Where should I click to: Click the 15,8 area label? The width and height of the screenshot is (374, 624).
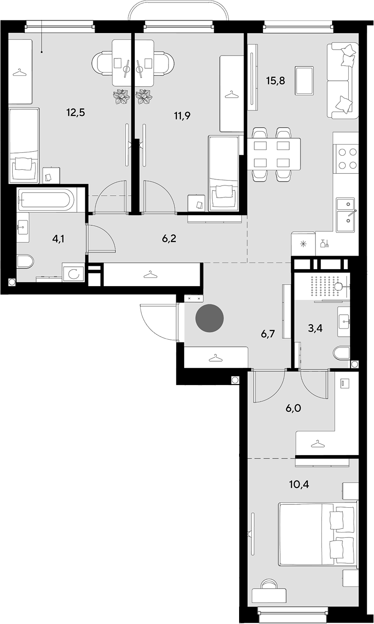275,81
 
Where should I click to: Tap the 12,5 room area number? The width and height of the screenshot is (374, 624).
75,113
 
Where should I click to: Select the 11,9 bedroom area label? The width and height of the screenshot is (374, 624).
182,115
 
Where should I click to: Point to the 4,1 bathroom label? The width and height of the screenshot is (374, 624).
58,239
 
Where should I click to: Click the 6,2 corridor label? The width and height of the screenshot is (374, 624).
169,239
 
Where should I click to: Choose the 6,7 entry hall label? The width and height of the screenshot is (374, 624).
268,334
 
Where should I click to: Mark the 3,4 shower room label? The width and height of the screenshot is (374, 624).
315,329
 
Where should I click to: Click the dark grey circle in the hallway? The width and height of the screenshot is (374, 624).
209,318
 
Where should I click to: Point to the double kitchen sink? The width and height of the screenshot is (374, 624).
346,215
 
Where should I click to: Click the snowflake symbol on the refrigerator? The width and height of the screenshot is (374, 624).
302,244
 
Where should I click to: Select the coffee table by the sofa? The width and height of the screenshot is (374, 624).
304,80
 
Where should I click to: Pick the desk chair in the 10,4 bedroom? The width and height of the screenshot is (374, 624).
268,582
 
